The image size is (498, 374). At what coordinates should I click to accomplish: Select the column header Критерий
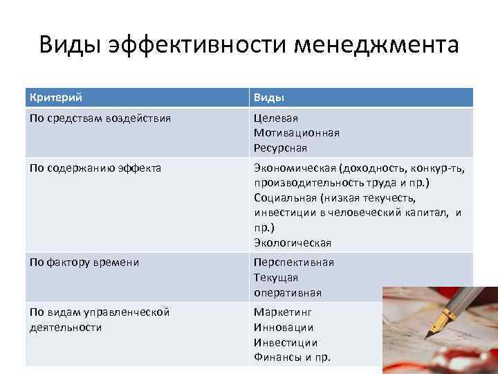pyautogui.click(x=61, y=98)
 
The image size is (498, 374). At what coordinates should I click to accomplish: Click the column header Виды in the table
pyautogui.click(x=269, y=98)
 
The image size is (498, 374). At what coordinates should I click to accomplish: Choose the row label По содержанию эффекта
pyautogui.click(x=95, y=167)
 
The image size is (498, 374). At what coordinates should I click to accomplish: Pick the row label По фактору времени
pyautogui.click(x=84, y=262)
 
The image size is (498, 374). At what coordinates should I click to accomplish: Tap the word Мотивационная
pyautogui.click(x=297, y=133)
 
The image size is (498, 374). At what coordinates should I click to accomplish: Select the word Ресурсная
pyautogui.click(x=280, y=148)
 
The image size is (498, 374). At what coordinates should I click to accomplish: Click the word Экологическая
pyautogui.click(x=293, y=243)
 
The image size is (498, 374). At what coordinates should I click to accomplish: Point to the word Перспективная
pyautogui.click(x=294, y=262)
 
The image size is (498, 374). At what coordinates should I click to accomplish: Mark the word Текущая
pyautogui.click(x=276, y=277)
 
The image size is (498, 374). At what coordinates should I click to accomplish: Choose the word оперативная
pyautogui.click(x=287, y=292)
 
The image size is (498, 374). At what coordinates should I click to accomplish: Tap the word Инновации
pyautogui.click(x=284, y=327)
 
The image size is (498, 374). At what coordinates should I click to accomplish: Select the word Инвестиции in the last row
pyautogui.click(x=286, y=342)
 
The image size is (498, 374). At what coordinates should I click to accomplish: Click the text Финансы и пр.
pyautogui.click(x=293, y=357)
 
